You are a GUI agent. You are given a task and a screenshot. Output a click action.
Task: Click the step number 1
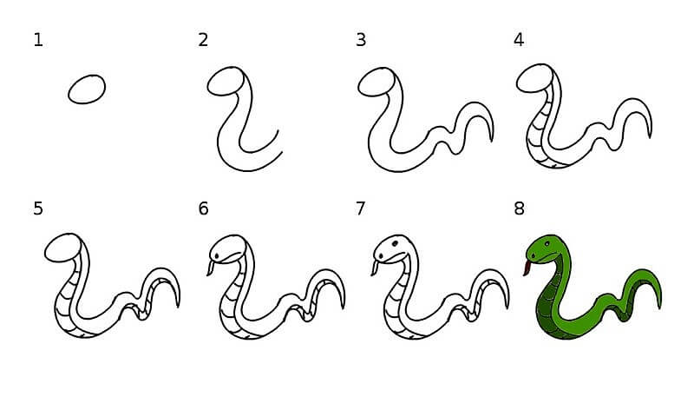tap(38, 40)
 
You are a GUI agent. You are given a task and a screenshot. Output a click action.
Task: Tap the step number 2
tap(203, 40)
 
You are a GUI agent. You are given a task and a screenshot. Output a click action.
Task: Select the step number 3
tap(361, 40)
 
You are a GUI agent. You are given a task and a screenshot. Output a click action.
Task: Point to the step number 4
tap(519, 40)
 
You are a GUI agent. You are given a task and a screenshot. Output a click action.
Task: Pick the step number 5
tap(38, 208)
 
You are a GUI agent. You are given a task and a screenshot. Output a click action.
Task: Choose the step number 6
tap(203, 208)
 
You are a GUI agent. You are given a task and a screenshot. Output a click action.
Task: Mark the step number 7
tap(361, 208)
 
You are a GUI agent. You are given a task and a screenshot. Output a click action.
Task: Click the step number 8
tap(519, 208)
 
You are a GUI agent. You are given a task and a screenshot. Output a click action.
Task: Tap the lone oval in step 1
tap(87, 89)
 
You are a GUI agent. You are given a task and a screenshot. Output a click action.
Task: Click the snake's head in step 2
tap(226, 81)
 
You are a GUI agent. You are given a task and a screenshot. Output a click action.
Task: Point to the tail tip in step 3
tap(492, 140)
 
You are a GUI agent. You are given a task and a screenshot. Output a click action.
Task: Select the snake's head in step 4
tap(535, 78)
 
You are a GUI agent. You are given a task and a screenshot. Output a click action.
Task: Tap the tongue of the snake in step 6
tap(211, 268)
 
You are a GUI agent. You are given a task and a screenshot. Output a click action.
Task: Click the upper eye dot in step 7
tap(395, 243)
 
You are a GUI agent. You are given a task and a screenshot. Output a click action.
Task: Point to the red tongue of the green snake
tap(527, 268)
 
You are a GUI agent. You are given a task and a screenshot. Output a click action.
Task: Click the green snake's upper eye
tap(547, 244)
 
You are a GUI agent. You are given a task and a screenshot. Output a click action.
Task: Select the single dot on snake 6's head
tap(217, 256)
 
